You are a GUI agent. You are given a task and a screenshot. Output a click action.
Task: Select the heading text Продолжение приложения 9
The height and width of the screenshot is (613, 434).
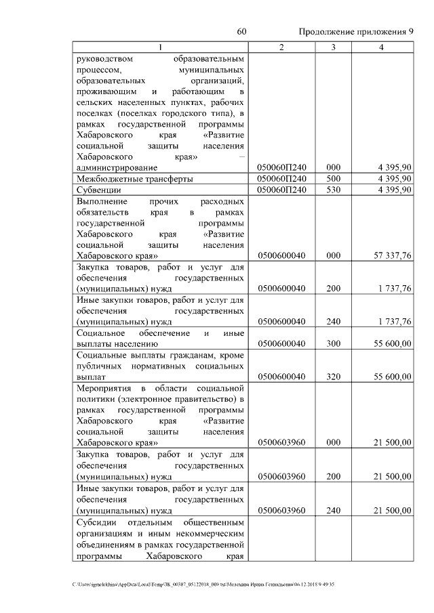356,32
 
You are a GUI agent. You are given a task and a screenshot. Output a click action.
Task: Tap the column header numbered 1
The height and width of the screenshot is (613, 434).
160,47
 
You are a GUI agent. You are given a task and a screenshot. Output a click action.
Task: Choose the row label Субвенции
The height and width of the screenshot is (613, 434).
99,190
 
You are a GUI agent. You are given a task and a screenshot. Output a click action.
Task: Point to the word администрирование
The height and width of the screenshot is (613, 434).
117,167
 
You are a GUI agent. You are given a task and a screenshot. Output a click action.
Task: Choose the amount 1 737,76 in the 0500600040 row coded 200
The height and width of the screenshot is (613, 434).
391,289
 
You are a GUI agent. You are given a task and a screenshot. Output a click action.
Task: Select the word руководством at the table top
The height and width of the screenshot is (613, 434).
105,59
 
